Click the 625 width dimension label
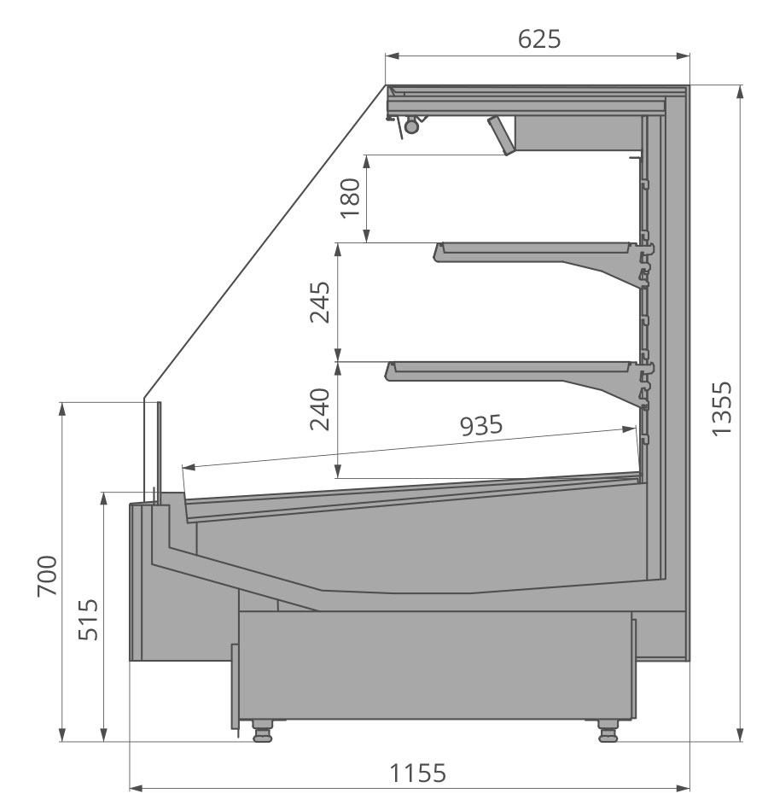[539, 38]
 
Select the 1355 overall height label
[721, 409]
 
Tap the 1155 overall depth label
[416, 773]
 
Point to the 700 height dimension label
[47, 576]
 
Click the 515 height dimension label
[88, 620]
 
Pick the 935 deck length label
[481, 425]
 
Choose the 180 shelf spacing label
[350, 198]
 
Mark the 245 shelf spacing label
[320, 302]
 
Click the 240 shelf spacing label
[320, 409]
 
